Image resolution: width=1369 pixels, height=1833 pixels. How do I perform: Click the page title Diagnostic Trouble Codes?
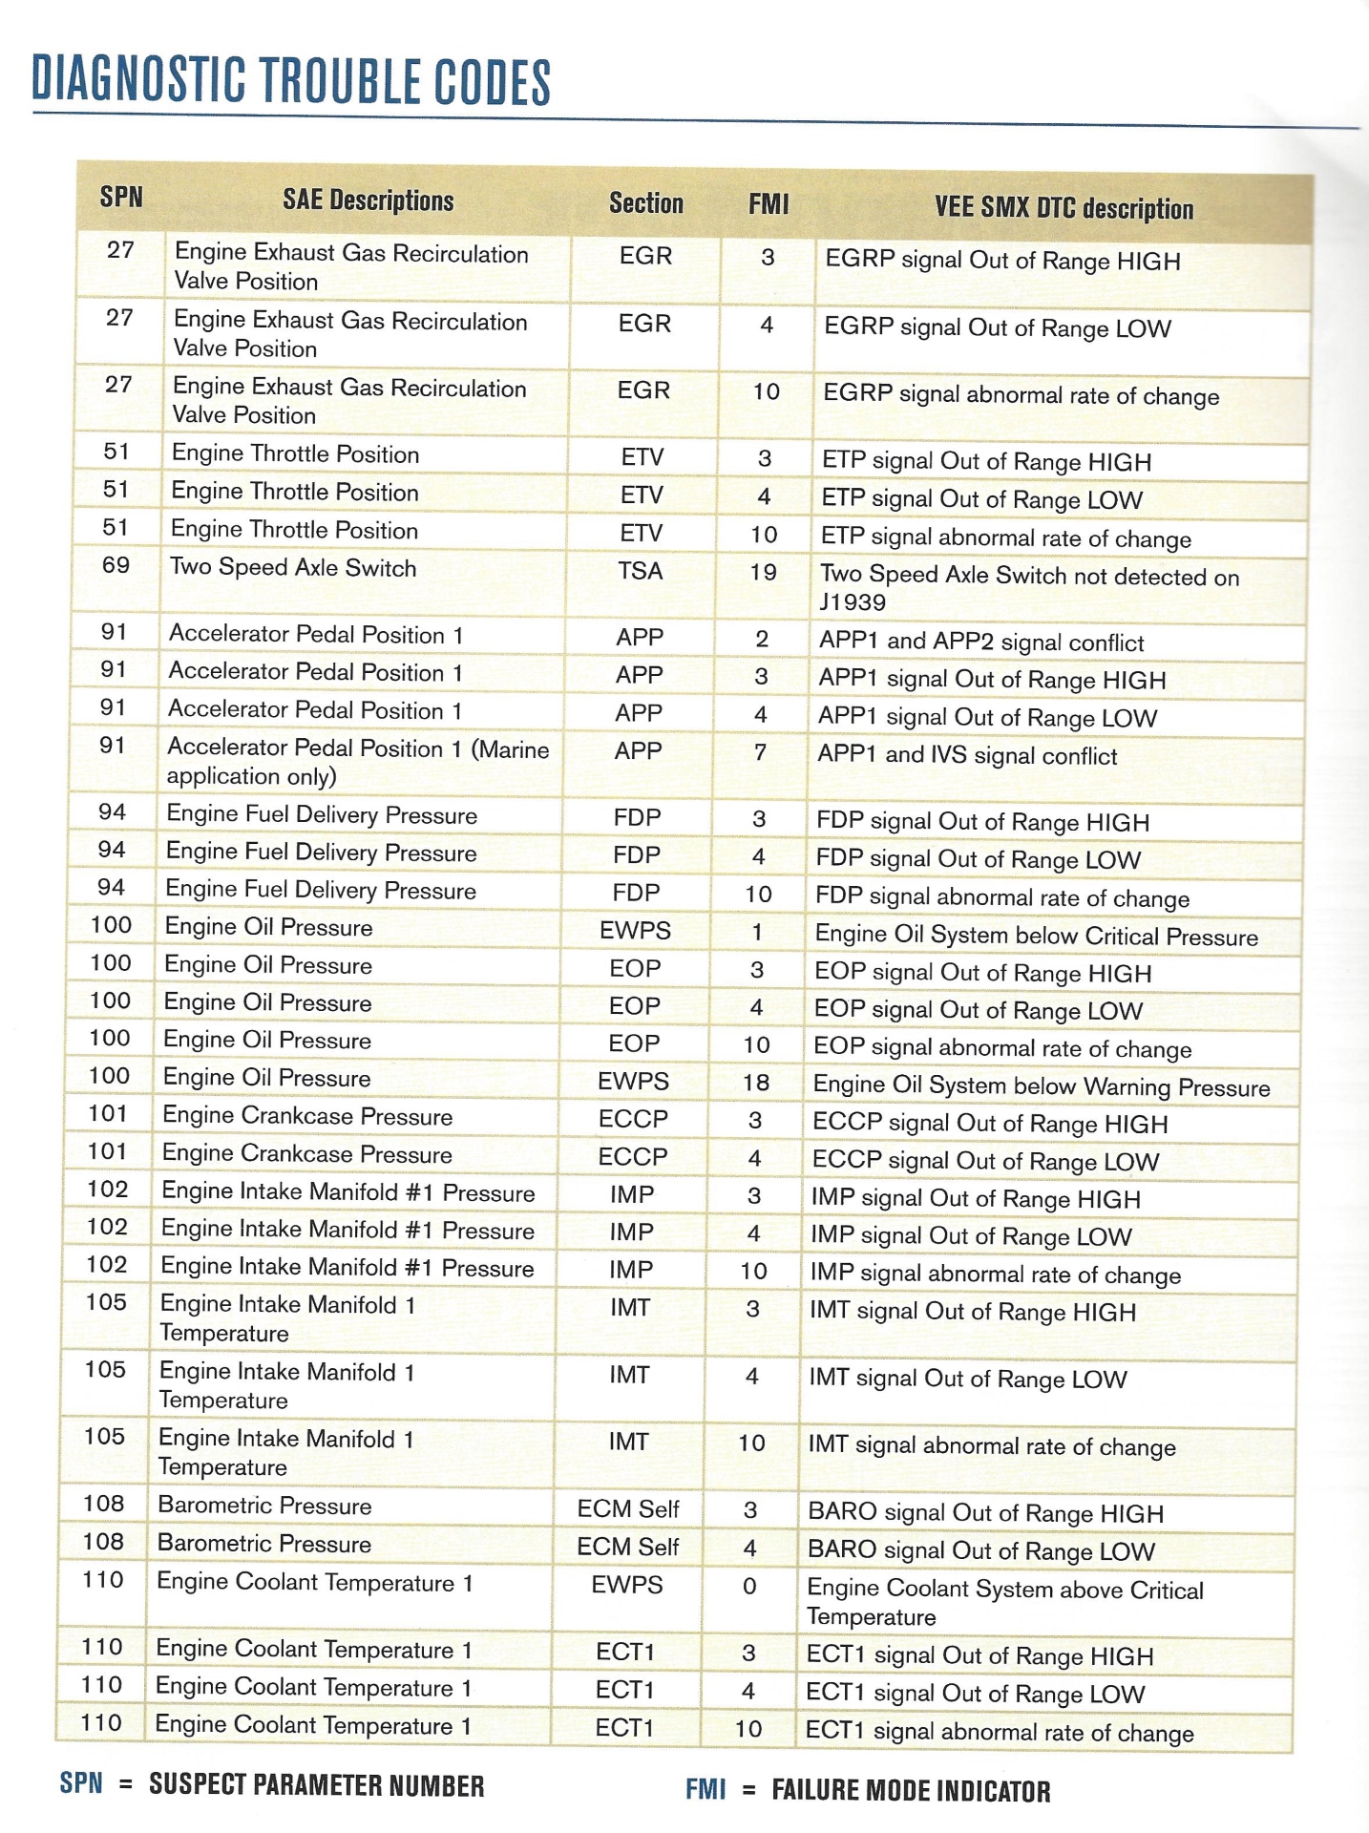pos(291,80)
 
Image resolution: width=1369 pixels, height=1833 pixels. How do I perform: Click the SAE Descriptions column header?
pos(368,200)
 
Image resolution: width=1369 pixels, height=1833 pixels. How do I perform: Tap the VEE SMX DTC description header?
pos(1064,208)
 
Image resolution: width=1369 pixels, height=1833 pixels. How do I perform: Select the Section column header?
pos(646,202)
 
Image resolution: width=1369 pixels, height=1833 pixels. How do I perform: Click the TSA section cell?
pos(640,571)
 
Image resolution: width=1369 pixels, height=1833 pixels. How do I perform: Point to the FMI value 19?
pos(763,573)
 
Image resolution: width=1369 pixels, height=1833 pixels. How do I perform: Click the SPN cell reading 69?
pos(116,565)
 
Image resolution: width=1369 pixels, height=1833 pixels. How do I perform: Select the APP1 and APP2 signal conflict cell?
pos(980,642)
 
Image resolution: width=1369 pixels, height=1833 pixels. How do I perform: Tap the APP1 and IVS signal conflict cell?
pos(967,755)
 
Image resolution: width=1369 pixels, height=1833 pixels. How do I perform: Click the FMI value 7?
pos(760,752)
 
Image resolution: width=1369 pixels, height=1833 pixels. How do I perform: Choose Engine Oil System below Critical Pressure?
pos(1036,936)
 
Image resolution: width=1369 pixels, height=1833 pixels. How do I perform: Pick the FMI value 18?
pos(756,1082)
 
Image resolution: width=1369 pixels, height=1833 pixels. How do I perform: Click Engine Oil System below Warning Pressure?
pos(1041,1086)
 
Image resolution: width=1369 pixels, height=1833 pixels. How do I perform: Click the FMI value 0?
pos(749,1586)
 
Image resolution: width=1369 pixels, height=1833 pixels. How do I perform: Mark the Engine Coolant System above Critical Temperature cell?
pos(1004,1602)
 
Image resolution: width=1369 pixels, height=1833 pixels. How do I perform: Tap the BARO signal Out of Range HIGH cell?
pos(985,1513)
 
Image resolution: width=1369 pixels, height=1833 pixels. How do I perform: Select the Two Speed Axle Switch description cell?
pos(293,567)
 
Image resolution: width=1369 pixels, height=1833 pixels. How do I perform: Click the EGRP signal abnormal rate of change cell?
pos(1021,395)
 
